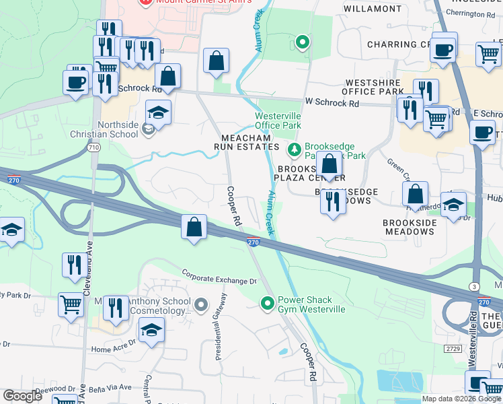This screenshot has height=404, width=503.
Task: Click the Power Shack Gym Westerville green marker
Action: click(x=268, y=304)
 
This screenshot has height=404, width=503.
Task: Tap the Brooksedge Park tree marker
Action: click(x=293, y=149)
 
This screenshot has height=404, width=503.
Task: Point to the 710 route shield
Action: click(x=94, y=147)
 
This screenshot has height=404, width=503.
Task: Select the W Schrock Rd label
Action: click(x=332, y=103)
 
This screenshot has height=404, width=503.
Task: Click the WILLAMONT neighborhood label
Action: click(x=373, y=9)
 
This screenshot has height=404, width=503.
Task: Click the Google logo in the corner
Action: click(x=22, y=395)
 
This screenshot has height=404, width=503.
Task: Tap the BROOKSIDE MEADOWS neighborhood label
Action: click(x=409, y=227)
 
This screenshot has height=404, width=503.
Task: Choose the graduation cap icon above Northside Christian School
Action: click(x=158, y=112)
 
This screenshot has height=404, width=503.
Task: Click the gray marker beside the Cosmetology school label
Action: click(x=200, y=306)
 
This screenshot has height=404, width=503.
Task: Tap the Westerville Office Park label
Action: click(x=278, y=121)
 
